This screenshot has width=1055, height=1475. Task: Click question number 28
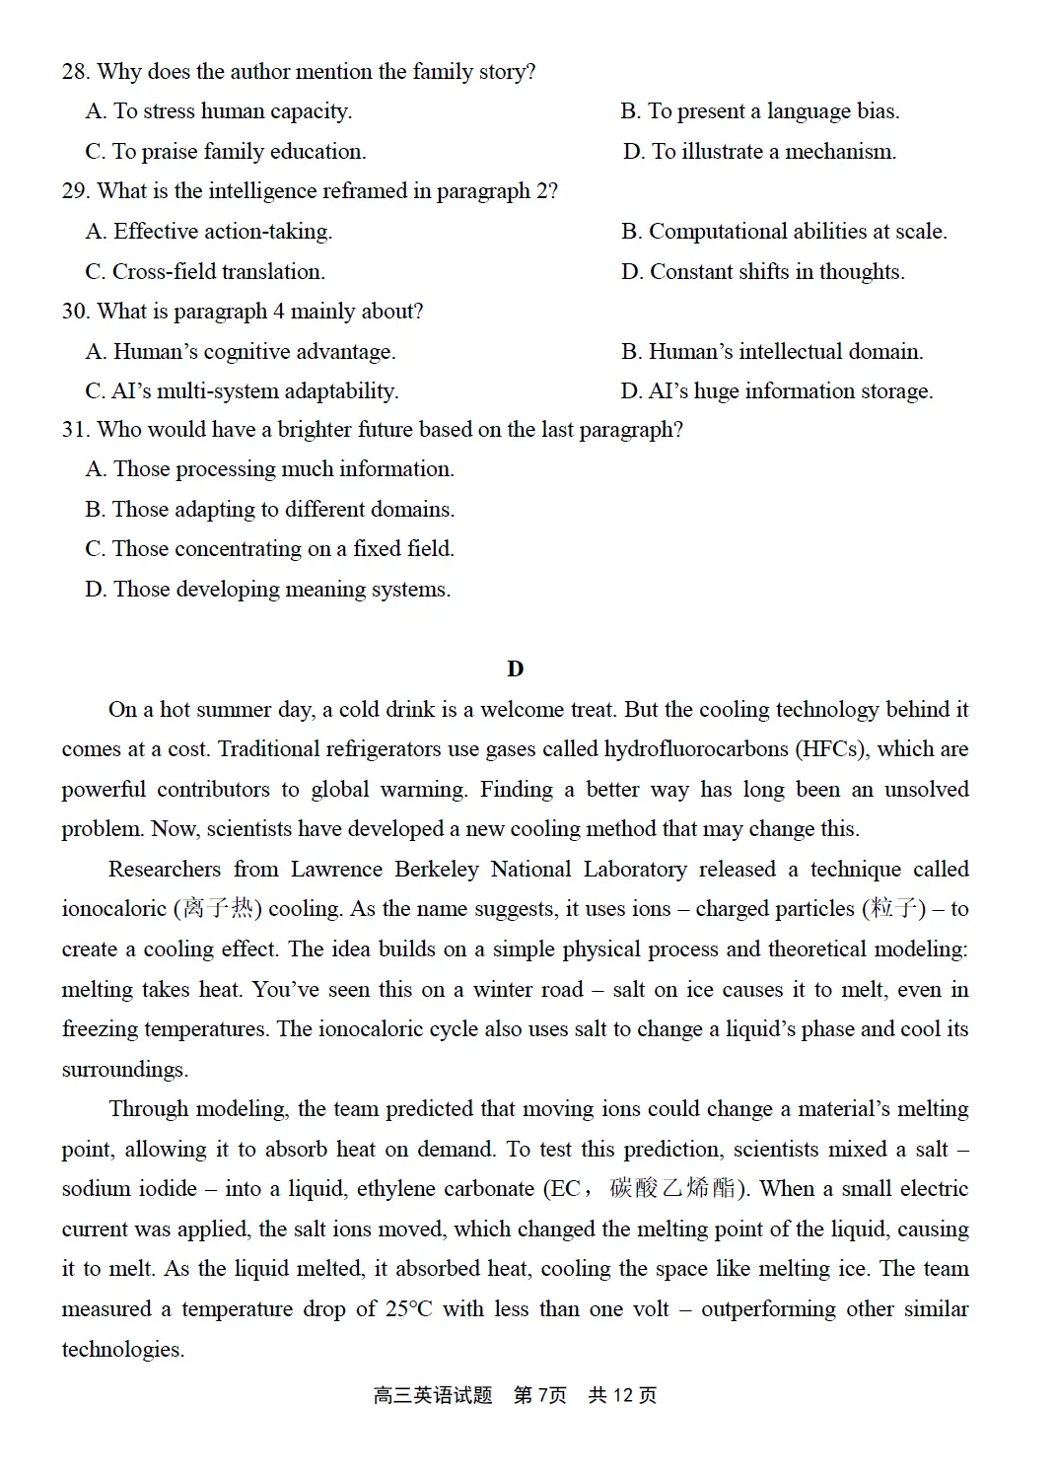(76, 72)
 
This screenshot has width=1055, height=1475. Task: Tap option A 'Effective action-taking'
(209, 232)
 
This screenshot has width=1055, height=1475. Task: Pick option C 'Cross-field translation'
(205, 272)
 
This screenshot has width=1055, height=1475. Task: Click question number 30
(76, 312)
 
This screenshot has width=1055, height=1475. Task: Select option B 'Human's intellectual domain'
(772, 352)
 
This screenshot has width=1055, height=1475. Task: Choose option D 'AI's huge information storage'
(777, 391)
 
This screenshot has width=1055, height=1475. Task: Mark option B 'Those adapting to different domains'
(270, 510)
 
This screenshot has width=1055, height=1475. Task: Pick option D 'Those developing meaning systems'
(268, 590)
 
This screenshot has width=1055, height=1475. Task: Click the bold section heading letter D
(515, 669)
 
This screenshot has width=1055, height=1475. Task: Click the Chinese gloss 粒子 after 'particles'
(894, 908)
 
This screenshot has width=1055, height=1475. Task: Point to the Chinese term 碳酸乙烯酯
(672, 1188)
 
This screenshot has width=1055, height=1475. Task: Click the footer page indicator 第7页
(540, 1395)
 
